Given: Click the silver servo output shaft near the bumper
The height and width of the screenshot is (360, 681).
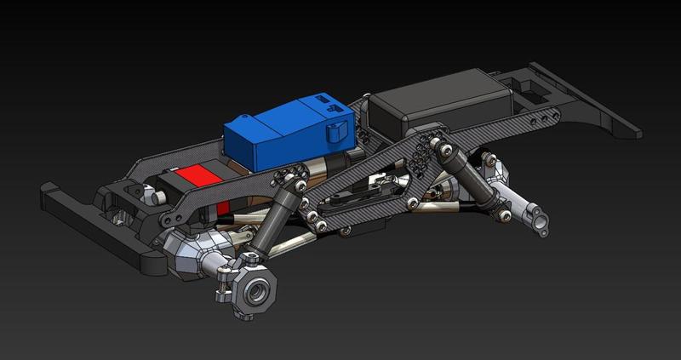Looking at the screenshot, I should tap(157, 197).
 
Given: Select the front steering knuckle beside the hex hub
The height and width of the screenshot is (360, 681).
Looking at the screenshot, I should tap(227, 277).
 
